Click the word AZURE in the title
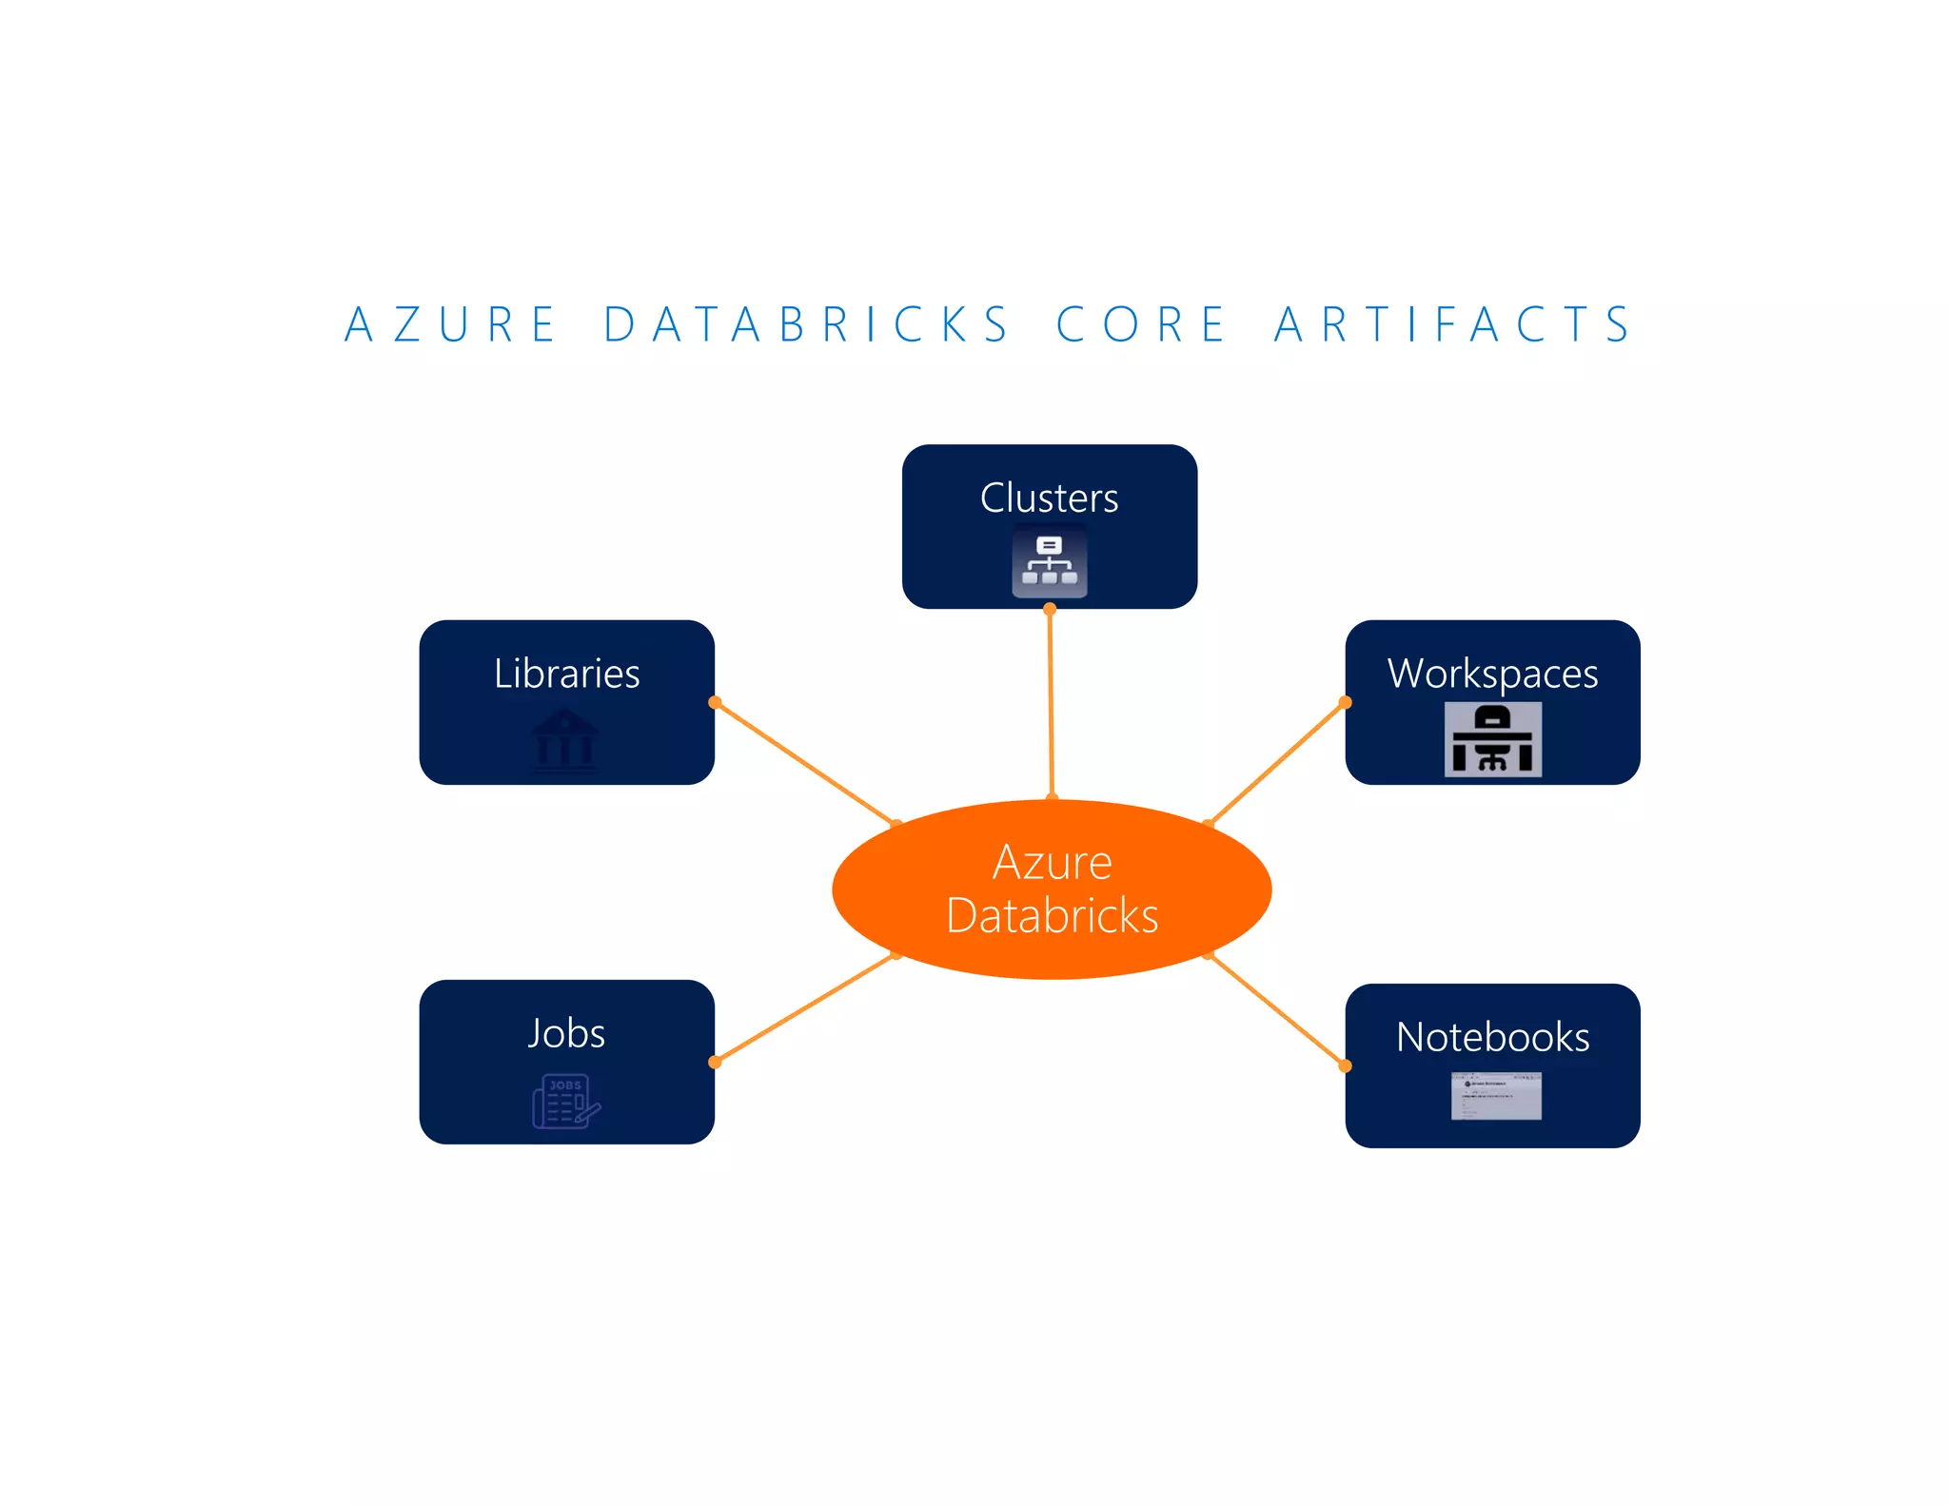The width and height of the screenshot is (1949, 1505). pos(450,324)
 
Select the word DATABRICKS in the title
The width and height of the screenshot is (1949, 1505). pos(807,324)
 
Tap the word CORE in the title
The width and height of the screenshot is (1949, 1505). pos(1142,324)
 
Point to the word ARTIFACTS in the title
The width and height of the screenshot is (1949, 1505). pos(1454,324)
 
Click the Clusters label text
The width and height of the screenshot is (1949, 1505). pos(1049,498)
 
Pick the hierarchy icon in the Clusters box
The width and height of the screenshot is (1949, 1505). pos(1049,561)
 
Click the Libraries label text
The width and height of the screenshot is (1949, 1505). pos(566,674)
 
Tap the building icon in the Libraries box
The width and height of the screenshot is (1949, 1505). pos(565,739)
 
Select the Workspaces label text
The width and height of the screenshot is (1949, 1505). pos(1492,674)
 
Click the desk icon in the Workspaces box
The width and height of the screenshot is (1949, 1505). pos(1492,739)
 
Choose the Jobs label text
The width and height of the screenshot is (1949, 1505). pos(566,1033)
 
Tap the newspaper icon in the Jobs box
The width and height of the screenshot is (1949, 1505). pos(565,1101)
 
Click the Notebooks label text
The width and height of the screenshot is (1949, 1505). pos(1492,1037)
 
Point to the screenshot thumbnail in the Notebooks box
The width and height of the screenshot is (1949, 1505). pos(1496,1096)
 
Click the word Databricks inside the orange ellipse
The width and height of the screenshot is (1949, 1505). pos(1052,915)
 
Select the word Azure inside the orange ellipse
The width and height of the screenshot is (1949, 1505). pos(1052,862)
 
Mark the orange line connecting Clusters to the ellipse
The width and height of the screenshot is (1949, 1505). pos(1051,704)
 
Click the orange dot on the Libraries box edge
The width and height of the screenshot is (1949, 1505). pos(715,702)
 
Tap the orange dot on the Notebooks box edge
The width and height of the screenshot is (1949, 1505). pos(1345,1065)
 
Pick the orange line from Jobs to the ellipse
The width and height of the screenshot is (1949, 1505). pos(804,1008)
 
